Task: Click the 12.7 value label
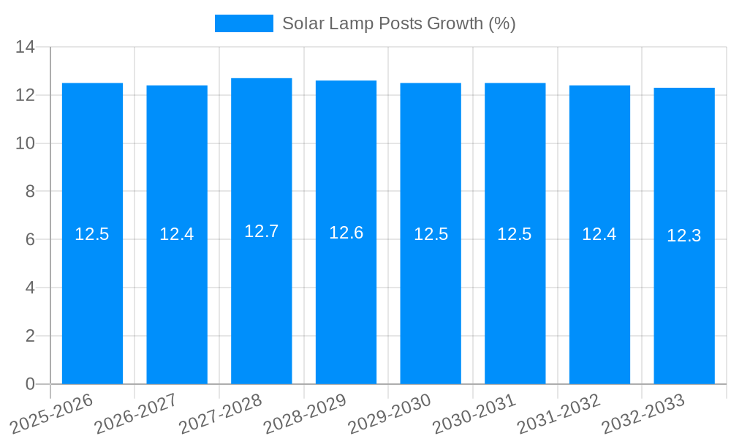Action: pos(262,231)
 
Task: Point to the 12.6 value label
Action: pos(346,233)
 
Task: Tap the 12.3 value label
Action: pos(684,236)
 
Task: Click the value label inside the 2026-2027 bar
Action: pos(177,234)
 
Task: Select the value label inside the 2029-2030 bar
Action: pos(431,234)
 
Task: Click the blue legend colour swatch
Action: pos(243,23)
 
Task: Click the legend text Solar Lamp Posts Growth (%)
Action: pos(398,23)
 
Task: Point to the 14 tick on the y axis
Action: pos(25,48)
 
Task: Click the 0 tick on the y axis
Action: pos(30,384)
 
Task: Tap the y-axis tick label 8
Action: pos(30,192)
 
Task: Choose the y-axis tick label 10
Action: pos(25,143)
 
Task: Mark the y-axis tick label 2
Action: pos(30,336)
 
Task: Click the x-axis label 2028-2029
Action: pos(305,414)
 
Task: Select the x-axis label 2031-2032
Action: pos(558,414)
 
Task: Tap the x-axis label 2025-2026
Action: pos(52,414)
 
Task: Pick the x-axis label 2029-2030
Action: pos(390,414)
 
